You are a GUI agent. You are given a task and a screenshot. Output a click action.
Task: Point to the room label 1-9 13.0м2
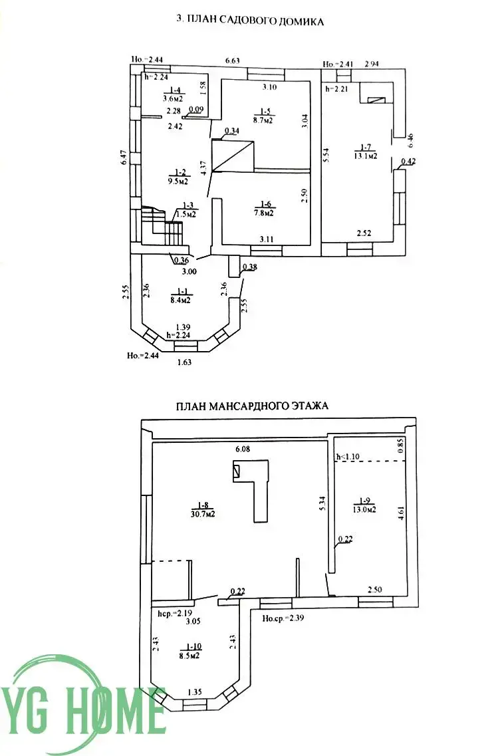[364, 505]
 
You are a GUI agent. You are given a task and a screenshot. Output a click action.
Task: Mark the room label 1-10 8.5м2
[194, 650]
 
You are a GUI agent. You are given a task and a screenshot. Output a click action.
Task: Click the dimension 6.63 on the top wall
[233, 61]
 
